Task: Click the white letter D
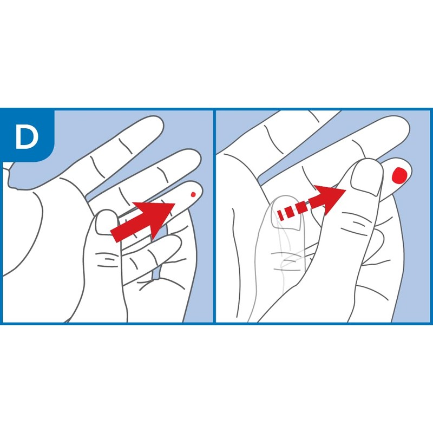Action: (27, 137)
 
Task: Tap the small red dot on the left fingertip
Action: (193, 194)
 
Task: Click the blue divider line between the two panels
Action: (215, 216)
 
